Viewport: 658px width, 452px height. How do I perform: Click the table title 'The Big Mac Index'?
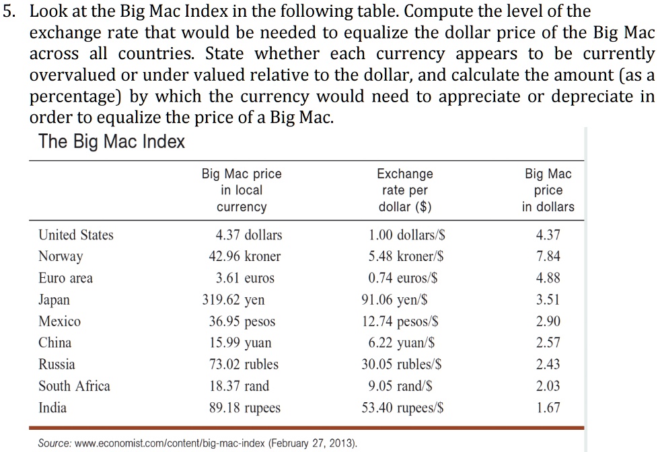111,143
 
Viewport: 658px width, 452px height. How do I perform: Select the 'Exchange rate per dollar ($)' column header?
404,190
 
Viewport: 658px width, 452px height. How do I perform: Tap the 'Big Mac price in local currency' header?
242,190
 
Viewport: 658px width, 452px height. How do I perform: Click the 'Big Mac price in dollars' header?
548,190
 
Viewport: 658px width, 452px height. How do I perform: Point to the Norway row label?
61,256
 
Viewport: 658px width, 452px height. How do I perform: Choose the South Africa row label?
74,386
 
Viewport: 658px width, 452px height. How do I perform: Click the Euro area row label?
65,278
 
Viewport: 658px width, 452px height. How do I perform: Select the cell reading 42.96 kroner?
245,256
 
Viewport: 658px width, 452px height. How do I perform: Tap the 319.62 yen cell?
233,299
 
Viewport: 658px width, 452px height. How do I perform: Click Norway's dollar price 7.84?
548,256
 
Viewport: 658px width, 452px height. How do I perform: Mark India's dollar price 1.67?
548,408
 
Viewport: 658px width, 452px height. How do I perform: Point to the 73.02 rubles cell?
244,365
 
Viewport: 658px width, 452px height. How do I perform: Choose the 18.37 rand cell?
240,386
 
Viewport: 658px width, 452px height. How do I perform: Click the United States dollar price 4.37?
548,235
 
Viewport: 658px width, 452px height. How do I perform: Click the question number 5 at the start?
8,11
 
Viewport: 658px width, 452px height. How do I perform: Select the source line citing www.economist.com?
198,443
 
